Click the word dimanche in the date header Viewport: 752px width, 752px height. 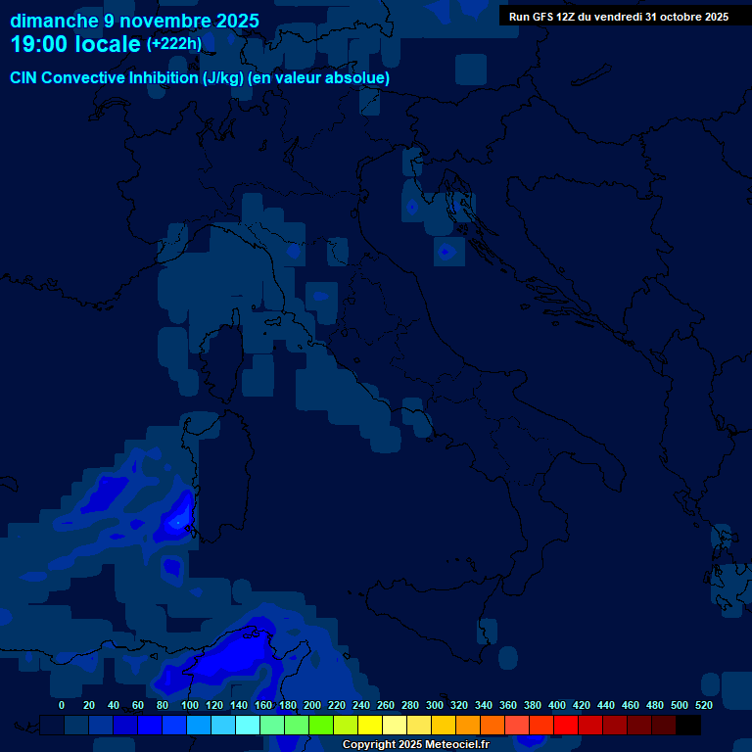[x=54, y=21]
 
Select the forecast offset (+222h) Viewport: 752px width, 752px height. [x=174, y=44]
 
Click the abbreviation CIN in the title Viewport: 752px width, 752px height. [x=26, y=77]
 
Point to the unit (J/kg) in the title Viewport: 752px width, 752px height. [x=224, y=77]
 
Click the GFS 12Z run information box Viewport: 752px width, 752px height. [x=618, y=17]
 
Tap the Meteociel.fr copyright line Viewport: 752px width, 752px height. [x=415, y=744]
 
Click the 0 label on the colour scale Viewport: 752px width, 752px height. [x=62, y=705]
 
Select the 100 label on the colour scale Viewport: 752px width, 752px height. [x=189, y=705]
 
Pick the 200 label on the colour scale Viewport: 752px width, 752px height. [x=311, y=705]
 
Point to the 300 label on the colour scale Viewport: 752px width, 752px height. [x=434, y=705]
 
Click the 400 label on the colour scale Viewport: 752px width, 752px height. [x=556, y=705]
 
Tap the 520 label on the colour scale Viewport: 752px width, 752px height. [x=703, y=705]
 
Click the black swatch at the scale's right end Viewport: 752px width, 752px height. [x=688, y=726]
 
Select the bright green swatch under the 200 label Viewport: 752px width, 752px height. [x=321, y=726]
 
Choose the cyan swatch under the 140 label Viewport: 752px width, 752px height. [x=248, y=726]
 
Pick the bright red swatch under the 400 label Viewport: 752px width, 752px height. [x=566, y=726]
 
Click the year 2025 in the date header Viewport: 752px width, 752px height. [x=238, y=21]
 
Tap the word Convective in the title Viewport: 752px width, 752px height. [x=86, y=77]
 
